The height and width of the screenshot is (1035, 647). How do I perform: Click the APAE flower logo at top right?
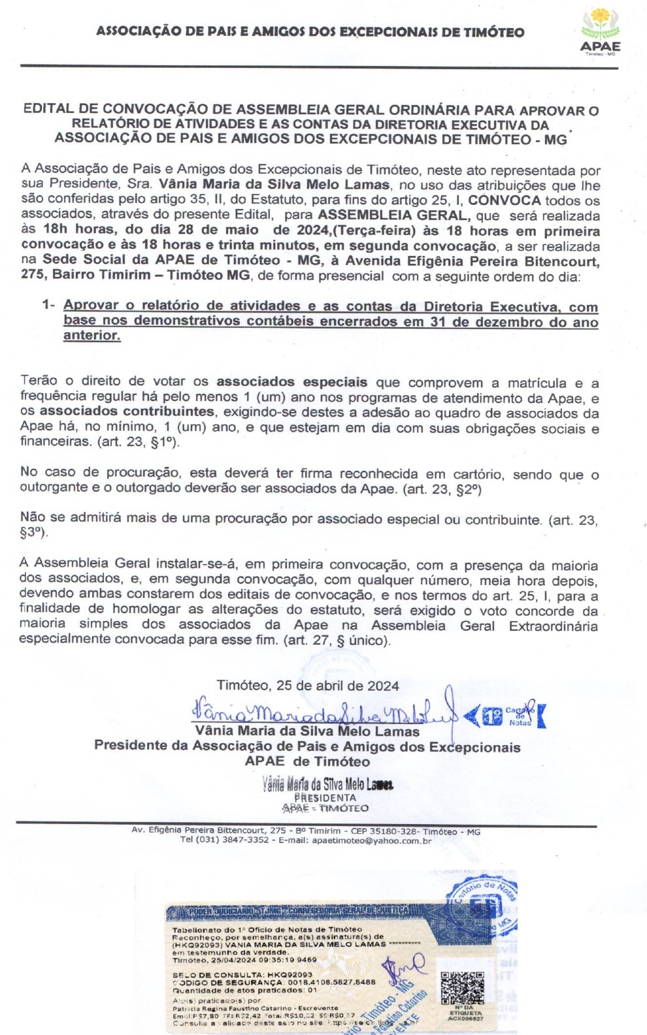pyautogui.click(x=600, y=25)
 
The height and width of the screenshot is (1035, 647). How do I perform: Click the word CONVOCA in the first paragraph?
pyautogui.click(x=504, y=200)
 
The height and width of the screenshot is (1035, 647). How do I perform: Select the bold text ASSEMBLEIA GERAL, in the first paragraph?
pyautogui.click(x=393, y=215)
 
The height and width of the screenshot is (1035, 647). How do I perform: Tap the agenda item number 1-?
pyautogui.click(x=48, y=305)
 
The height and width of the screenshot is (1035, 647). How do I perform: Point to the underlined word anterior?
pyautogui.click(x=91, y=336)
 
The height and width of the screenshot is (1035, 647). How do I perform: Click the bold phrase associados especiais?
pyautogui.click(x=291, y=382)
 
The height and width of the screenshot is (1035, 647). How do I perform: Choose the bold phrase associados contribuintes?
pyautogui.click(x=127, y=411)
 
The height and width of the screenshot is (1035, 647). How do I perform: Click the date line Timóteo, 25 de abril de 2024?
pyautogui.click(x=308, y=686)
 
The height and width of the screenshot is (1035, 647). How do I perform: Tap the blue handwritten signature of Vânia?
pyautogui.click(x=320, y=710)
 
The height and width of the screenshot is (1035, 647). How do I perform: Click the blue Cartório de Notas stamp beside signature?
pyautogui.click(x=506, y=716)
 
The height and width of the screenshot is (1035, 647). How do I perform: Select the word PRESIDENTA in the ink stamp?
pyautogui.click(x=325, y=797)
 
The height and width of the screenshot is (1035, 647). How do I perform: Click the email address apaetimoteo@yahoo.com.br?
pyautogui.click(x=371, y=840)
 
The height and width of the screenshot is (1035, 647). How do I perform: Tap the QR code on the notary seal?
pyautogui.click(x=461, y=987)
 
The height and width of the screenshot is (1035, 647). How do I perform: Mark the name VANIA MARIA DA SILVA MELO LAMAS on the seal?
pyautogui.click(x=306, y=944)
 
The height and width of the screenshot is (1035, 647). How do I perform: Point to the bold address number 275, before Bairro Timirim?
pyautogui.click(x=33, y=275)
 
